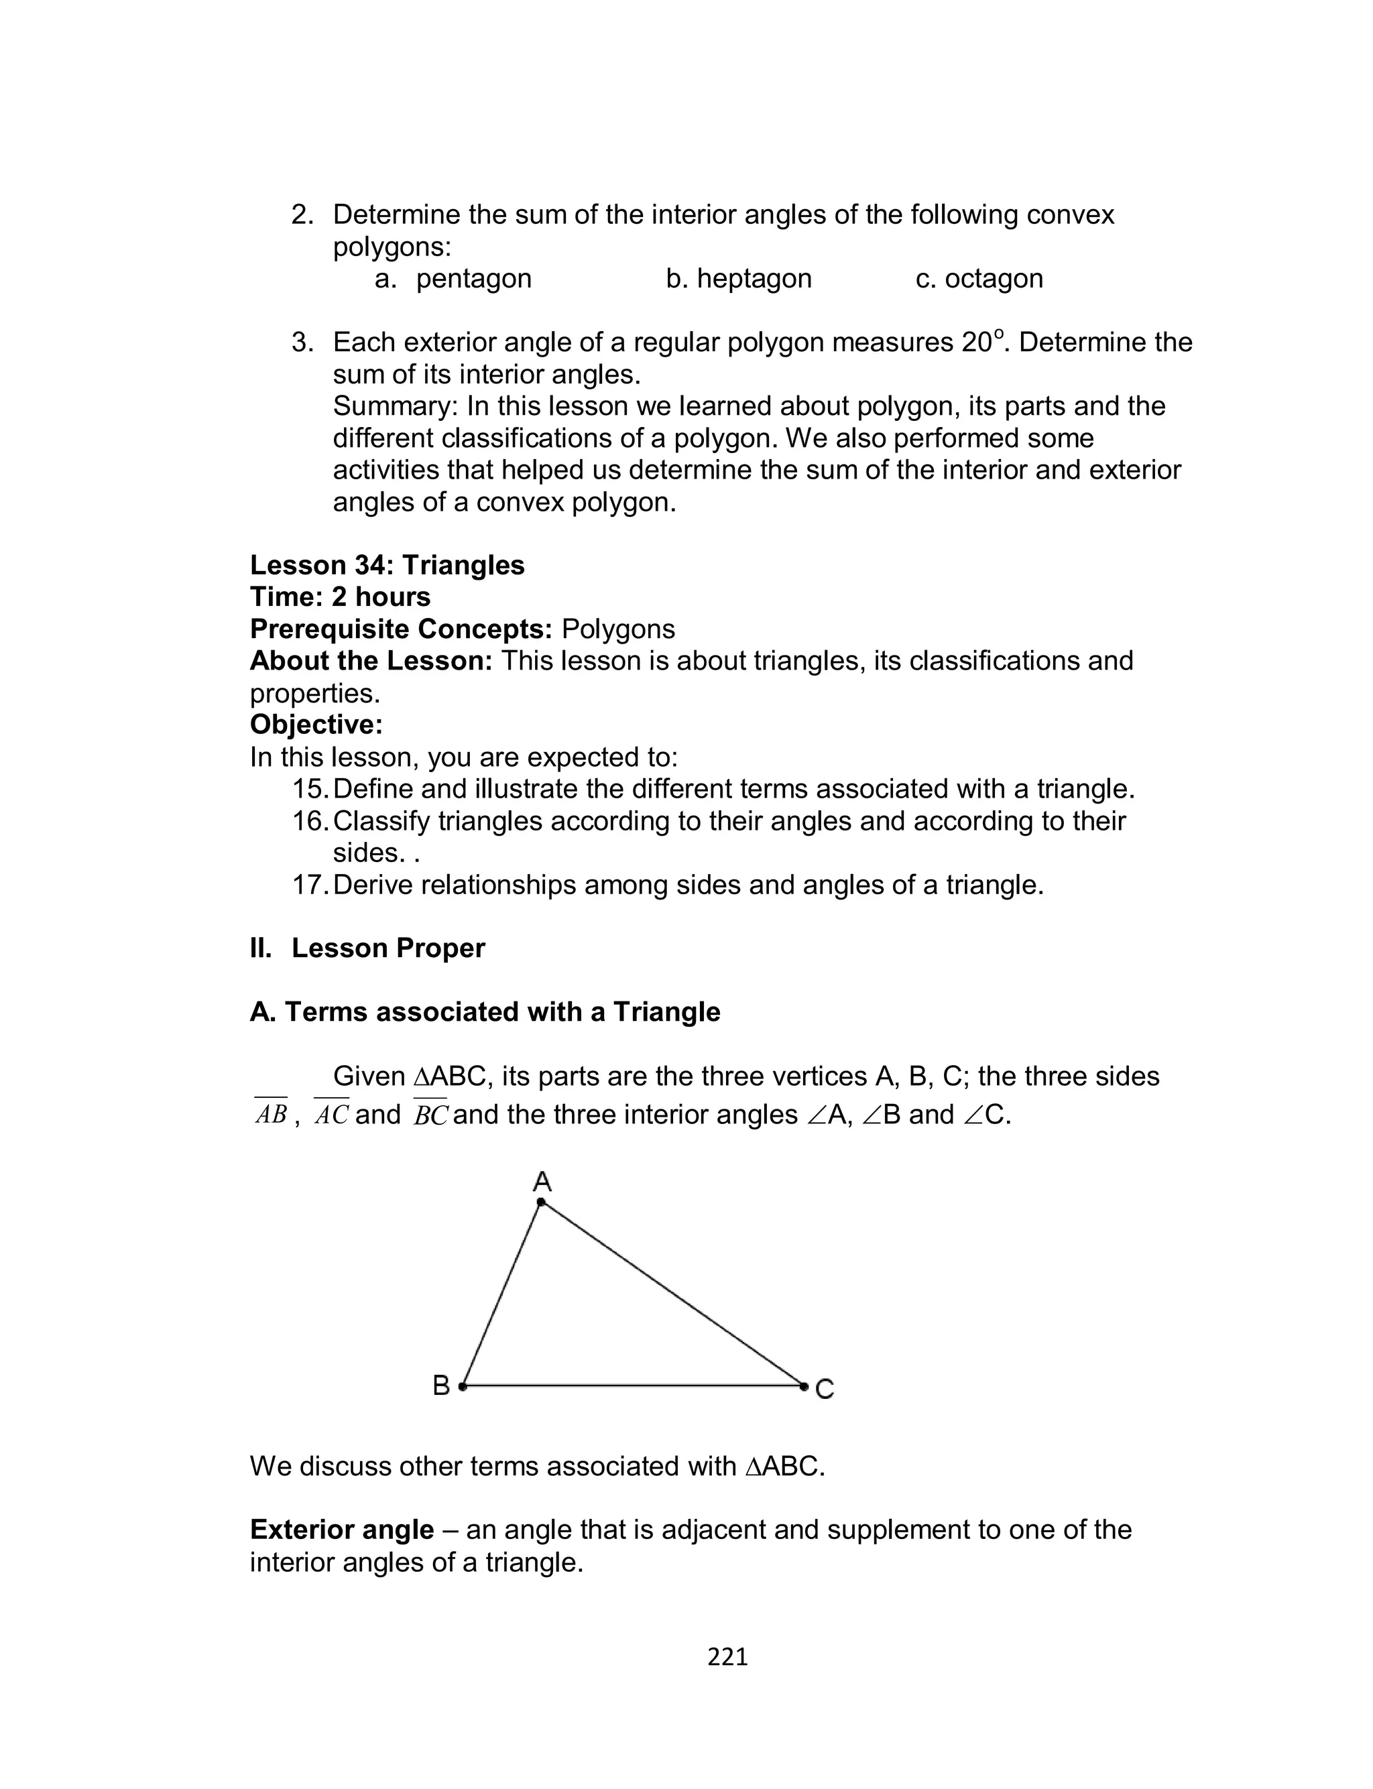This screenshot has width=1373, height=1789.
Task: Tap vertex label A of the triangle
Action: (542, 1181)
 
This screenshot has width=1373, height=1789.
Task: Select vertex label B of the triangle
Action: (440, 1385)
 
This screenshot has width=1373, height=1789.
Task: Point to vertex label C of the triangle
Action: (825, 1389)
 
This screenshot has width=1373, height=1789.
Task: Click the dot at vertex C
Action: (804, 1386)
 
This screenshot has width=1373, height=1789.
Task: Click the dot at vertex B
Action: (463, 1386)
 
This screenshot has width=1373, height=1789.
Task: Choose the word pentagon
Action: (473, 279)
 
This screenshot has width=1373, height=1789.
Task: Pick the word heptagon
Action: (754, 279)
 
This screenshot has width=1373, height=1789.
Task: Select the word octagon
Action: (993, 279)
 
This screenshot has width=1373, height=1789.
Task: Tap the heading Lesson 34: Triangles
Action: (387, 565)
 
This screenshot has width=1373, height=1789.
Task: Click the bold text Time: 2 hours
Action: (340, 597)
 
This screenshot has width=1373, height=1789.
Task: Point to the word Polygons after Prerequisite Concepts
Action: (618, 629)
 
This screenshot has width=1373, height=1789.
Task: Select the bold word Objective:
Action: (316, 725)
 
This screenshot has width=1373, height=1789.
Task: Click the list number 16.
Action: (309, 821)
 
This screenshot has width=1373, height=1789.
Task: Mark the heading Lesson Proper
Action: (387, 948)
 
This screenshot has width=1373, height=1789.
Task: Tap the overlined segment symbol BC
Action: (430, 1115)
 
